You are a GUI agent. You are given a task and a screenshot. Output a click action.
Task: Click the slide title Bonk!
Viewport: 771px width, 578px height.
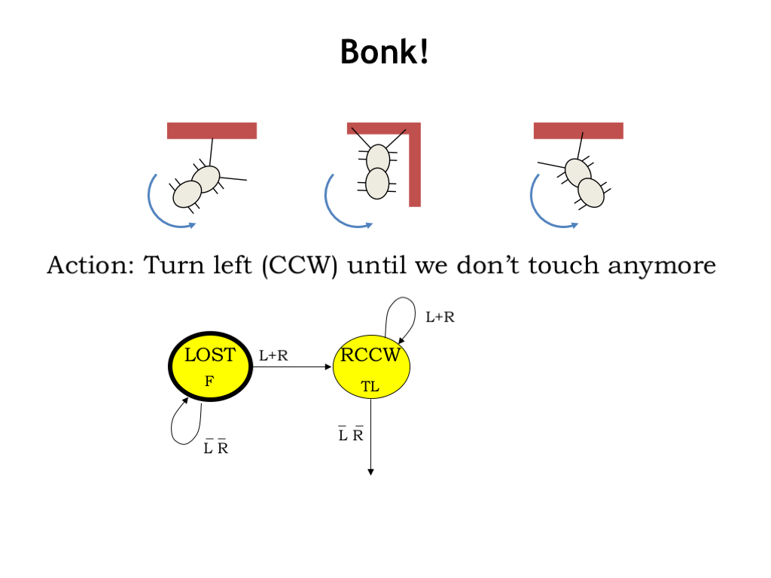[x=385, y=52]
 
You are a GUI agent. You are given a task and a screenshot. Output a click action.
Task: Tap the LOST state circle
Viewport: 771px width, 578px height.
[x=209, y=367]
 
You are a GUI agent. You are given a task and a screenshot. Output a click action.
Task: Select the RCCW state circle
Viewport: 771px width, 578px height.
[x=370, y=367]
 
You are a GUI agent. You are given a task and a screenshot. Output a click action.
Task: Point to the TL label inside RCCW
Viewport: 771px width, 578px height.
[x=370, y=387]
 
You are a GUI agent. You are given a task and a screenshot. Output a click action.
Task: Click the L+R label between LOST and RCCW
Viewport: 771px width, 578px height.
[x=273, y=356]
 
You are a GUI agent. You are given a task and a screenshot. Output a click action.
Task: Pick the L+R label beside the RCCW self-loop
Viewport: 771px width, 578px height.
[x=440, y=318]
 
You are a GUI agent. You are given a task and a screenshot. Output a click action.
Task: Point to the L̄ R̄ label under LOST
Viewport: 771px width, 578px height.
[x=216, y=448]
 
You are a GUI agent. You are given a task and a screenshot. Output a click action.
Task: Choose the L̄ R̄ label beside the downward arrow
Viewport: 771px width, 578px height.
[x=351, y=434]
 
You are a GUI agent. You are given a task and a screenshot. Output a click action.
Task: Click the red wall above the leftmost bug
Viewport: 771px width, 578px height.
[x=212, y=131]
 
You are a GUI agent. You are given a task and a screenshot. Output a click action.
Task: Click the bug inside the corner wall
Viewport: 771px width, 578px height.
[x=377, y=171]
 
